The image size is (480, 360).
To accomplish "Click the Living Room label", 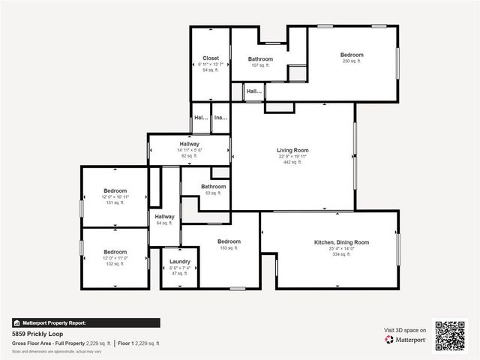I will [292, 150].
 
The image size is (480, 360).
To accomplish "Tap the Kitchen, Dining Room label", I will [341, 242].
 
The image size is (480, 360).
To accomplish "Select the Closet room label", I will [210, 57].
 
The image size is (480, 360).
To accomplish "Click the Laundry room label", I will [179, 262].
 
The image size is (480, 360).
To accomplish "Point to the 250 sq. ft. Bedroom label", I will [352, 55].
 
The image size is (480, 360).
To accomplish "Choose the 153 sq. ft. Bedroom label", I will [229, 241].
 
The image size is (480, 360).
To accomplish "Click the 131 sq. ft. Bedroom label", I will [115, 190].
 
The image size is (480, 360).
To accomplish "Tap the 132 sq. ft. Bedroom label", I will [115, 252].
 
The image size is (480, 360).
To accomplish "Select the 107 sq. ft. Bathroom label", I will [261, 58].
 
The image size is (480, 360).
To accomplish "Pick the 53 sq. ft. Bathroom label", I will [213, 187].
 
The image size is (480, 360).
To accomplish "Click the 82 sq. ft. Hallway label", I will [189, 144].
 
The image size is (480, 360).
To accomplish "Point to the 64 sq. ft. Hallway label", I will [164, 217].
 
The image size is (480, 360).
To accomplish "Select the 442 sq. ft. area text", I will [292, 162].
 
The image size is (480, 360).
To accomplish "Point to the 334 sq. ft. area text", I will [341, 254].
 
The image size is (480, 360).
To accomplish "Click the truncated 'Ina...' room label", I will [220, 118].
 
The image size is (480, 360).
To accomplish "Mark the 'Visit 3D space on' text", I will [405, 330].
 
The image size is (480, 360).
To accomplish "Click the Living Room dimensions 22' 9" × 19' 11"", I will [292, 156].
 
